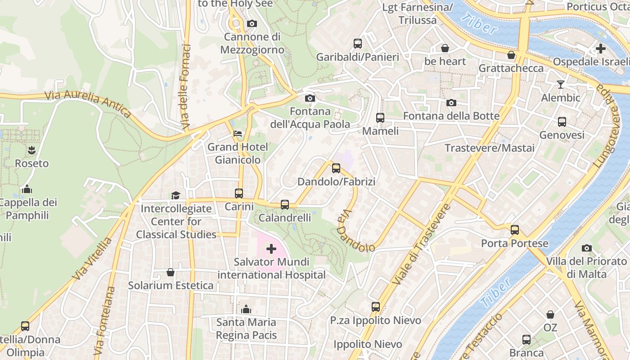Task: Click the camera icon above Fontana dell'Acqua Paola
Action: click(x=310, y=98)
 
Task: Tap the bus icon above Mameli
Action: click(x=380, y=118)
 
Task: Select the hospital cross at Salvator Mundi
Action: click(x=271, y=248)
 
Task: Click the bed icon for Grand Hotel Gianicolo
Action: click(x=238, y=134)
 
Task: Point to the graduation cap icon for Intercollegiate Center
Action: click(x=175, y=195)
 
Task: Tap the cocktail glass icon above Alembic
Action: click(x=560, y=84)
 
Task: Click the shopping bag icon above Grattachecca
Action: click(x=511, y=55)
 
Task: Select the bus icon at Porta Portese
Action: click(x=515, y=230)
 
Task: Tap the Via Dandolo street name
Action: click(x=355, y=232)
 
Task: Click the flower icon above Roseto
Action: click(x=31, y=150)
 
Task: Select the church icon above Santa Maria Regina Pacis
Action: click(x=246, y=309)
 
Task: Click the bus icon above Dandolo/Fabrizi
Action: click(x=336, y=168)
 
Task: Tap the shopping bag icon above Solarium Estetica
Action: click(x=171, y=272)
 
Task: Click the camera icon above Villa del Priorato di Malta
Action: click(x=586, y=248)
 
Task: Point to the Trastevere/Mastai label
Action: click(x=490, y=148)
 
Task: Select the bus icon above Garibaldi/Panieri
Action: click(x=358, y=44)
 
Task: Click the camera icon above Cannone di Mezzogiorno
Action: click(x=252, y=23)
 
